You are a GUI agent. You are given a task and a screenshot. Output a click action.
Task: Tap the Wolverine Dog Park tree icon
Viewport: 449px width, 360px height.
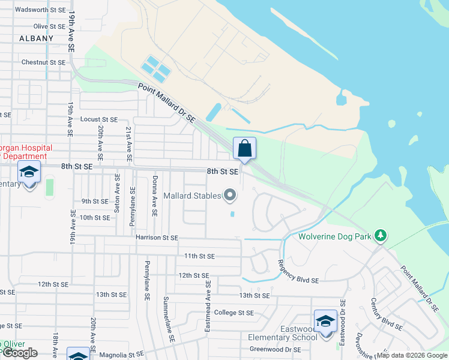coord(379,236)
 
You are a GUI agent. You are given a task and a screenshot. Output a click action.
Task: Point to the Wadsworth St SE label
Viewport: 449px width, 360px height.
coord(40,10)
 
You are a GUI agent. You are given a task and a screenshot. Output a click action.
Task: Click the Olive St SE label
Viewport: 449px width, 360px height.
coord(49,26)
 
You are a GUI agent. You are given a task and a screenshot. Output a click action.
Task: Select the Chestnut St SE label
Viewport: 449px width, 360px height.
coord(43,62)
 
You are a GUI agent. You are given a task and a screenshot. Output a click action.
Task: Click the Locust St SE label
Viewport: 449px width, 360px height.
coord(99,120)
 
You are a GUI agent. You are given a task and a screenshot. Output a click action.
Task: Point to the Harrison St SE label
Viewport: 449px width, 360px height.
coord(157,238)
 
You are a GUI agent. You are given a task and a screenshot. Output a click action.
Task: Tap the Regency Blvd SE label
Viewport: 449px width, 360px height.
coord(299,271)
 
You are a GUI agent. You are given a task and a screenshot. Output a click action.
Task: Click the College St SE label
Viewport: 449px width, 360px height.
coord(234,313)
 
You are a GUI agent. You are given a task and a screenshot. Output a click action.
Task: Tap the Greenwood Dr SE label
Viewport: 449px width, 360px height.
coord(276,349)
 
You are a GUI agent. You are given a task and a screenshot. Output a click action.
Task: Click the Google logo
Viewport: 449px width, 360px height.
coord(20,353)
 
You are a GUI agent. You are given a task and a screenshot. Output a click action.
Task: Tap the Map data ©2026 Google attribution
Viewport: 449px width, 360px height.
coord(412,355)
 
